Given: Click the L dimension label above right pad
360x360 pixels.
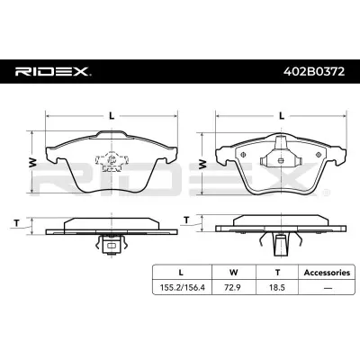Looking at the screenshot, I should click(x=281, y=116).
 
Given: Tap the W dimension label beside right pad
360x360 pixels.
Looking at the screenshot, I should click(x=202, y=162).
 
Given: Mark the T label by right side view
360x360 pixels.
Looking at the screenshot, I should click(x=186, y=220).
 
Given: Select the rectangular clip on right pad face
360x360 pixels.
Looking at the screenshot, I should click(x=280, y=157).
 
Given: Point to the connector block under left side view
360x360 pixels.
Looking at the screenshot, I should click(x=112, y=243).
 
